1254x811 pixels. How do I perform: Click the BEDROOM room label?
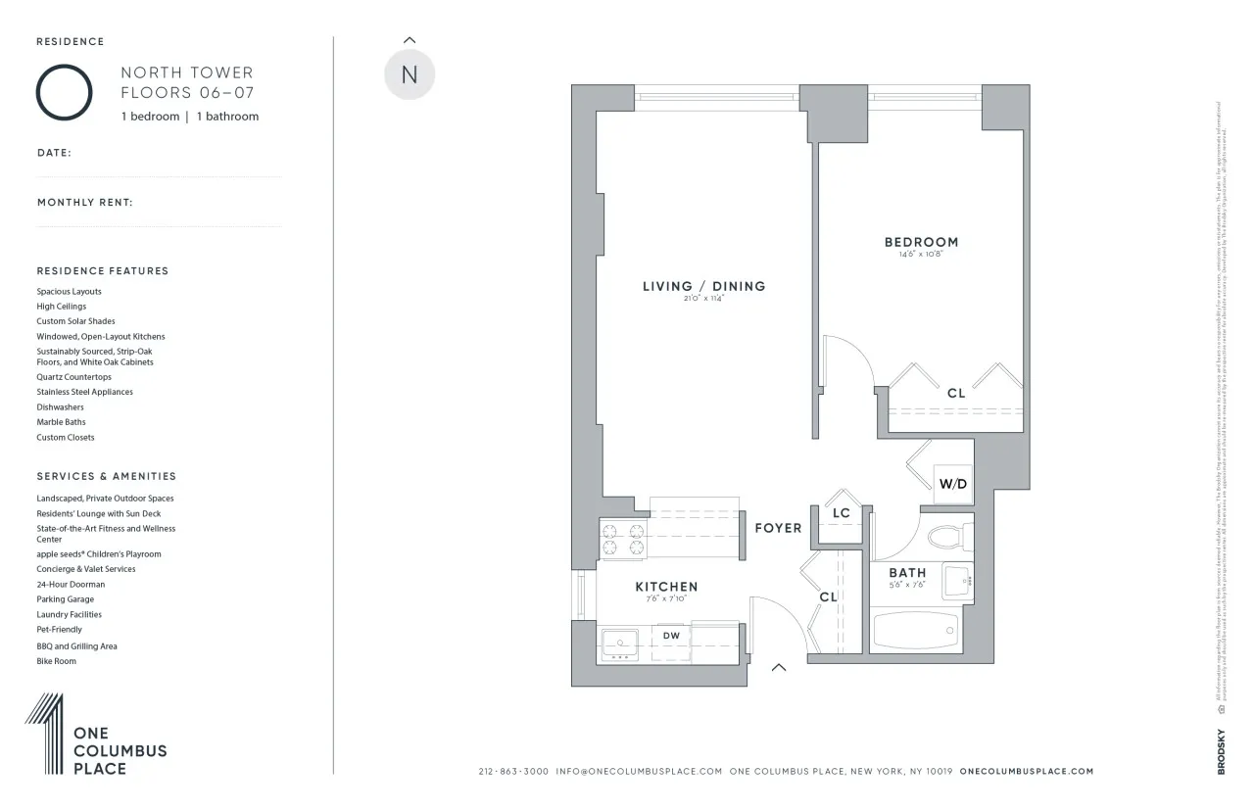click(x=921, y=242)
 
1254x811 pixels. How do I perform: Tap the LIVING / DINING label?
click(x=703, y=286)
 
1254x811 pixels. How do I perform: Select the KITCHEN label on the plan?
click(x=666, y=587)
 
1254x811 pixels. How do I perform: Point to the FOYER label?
click(x=778, y=528)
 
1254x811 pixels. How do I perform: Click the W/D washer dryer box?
click(x=952, y=484)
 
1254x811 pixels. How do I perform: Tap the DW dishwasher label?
click(x=671, y=636)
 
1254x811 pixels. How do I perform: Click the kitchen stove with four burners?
click(x=623, y=540)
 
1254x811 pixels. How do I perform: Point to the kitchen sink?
click(x=620, y=644)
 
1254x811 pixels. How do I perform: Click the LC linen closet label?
click(x=841, y=513)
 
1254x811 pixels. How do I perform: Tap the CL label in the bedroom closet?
click(x=955, y=393)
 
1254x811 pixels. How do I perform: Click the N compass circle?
click(x=410, y=74)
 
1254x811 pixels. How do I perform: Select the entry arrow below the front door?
click(x=779, y=668)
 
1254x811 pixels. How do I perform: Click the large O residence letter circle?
click(x=65, y=92)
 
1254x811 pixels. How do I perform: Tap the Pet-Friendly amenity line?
click(x=60, y=630)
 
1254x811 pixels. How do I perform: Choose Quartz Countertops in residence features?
click(x=74, y=377)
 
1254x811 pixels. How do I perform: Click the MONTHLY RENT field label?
click(x=85, y=203)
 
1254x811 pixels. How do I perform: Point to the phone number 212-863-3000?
click(x=513, y=772)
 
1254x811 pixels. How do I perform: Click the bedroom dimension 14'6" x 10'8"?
click(x=921, y=255)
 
